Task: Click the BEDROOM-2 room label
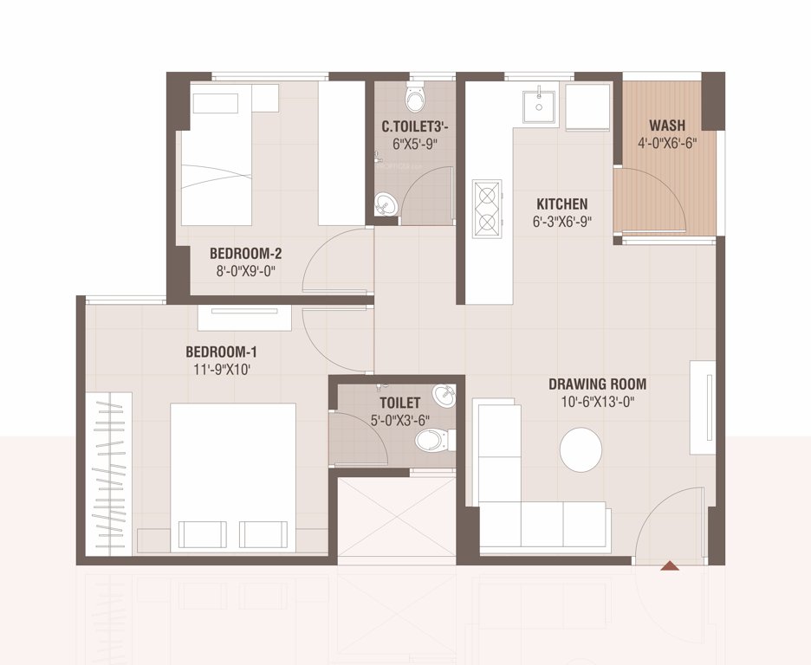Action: pos(245,254)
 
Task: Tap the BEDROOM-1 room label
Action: pos(221,352)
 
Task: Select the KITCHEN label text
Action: pos(561,204)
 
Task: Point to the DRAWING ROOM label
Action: pos(597,384)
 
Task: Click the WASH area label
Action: pos(667,126)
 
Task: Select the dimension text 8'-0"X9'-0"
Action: pos(245,272)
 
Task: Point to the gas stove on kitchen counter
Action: pos(487,209)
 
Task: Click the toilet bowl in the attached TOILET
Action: pos(432,442)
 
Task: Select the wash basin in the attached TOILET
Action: pos(444,396)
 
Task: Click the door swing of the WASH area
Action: pos(650,199)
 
